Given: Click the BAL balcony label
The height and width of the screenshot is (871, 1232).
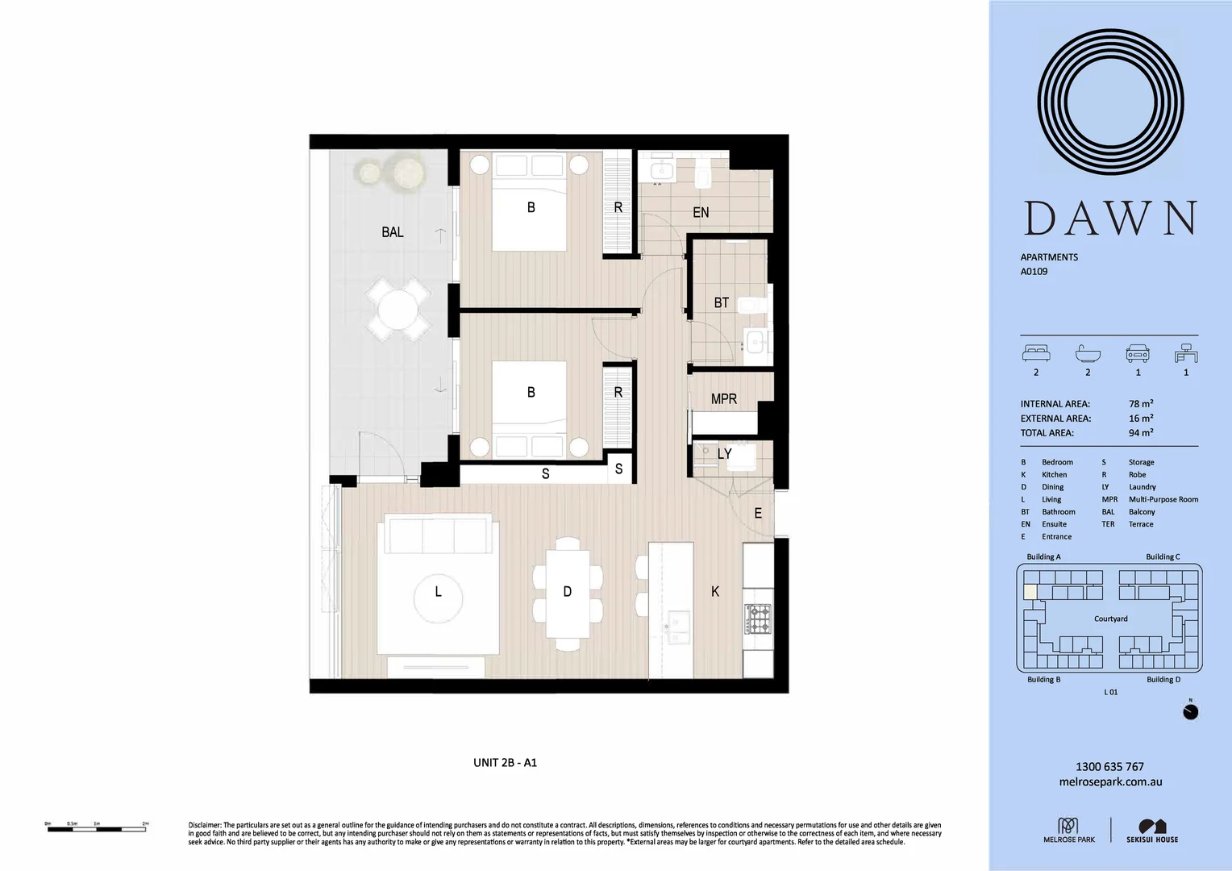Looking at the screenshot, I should [393, 232].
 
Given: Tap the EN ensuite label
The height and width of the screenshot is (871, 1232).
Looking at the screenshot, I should [701, 212].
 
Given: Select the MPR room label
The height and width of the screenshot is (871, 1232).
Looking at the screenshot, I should [723, 398].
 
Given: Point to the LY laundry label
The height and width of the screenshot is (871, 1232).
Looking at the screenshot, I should [724, 454].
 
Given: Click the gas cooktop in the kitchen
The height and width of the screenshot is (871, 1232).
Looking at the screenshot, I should [758, 619].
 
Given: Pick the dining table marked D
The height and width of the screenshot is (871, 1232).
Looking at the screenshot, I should [567, 592].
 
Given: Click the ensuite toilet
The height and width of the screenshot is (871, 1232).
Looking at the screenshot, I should [701, 171].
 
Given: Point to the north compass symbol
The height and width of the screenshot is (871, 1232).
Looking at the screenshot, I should [1190, 711].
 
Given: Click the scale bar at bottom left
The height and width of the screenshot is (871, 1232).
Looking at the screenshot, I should [97, 827].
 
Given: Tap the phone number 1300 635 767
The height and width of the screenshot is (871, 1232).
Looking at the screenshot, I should [1109, 766].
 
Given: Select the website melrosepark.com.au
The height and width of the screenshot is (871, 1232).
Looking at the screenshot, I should [1109, 781].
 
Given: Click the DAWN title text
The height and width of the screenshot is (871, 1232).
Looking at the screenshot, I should [1110, 219].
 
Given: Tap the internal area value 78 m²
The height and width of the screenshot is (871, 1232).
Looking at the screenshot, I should [1140, 404].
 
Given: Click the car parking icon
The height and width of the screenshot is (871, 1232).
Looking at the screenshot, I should [1137, 354].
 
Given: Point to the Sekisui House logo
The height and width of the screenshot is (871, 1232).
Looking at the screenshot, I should [1152, 831].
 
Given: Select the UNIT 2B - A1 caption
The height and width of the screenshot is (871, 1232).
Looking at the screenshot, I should [505, 762].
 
